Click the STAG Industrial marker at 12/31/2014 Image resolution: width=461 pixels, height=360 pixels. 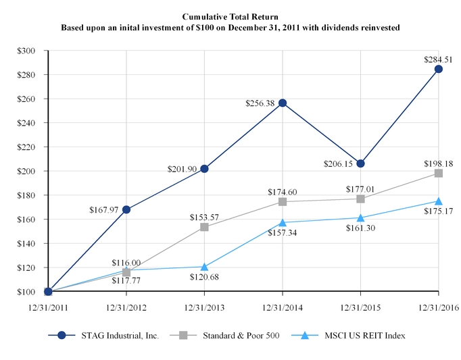pyautogui.click(x=283, y=103)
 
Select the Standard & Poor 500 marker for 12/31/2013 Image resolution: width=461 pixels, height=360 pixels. pyautogui.click(x=204, y=227)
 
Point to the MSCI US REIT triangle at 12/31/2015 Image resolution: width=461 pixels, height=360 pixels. pyautogui.click(x=360, y=217)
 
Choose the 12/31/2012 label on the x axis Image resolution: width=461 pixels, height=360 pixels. pyautogui.click(x=126, y=307)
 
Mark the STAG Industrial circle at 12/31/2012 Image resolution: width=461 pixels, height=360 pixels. pyautogui.click(x=126, y=209)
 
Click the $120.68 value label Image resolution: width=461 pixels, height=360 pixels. pyautogui.click(x=203, y=277)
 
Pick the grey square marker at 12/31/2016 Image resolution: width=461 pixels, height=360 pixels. pyautogui.click(x=439, y=174)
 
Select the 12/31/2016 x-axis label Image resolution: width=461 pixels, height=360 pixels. pyautogui.click(x=439, y=307)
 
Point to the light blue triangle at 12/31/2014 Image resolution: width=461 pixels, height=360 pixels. pyautogui.click(x=283, y=222)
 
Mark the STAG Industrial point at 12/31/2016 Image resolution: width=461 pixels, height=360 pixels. pyautogui.click(x=439, y=69)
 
